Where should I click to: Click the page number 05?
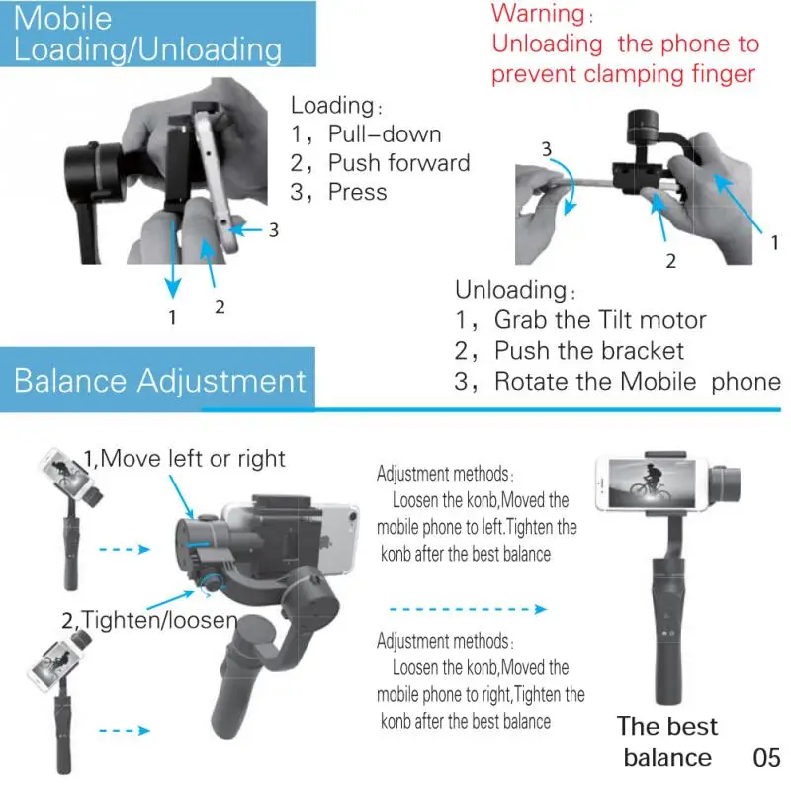[x=766, y=758]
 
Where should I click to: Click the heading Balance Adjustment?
[x=160, y=381]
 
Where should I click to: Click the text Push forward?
[x=398, y=163]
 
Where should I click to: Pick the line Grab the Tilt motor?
[x=600, y=320]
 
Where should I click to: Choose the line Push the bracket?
[x=589, y=350]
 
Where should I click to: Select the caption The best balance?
[x=667, y=742]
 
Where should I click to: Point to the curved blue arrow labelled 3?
[x=569, y=183]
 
